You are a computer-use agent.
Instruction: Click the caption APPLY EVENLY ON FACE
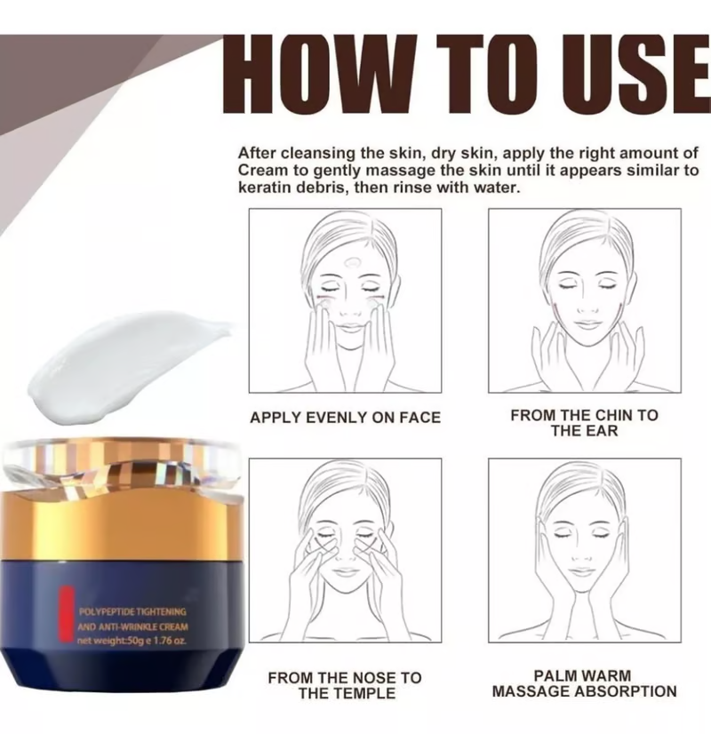coord(345,417)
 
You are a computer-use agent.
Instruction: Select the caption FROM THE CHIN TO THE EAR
coord(584,423)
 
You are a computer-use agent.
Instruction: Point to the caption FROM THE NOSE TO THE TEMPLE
coord(345,685)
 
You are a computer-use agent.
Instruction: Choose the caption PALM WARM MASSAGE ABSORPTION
coord(584,683)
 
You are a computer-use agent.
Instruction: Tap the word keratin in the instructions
coord(265,188)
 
